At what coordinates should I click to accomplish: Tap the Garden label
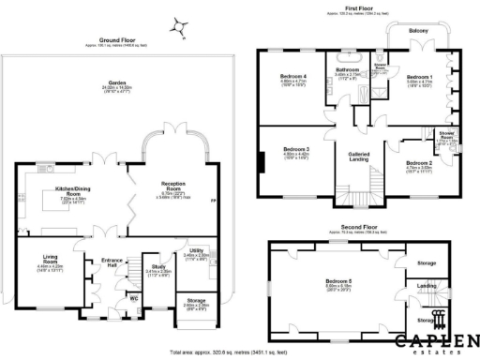click(117, 84)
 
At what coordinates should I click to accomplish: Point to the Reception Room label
click(176, 188)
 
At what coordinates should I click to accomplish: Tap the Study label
click(158, 266)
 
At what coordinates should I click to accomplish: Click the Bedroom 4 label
click(295, 76)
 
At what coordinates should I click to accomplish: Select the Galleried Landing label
click(360, 157)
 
